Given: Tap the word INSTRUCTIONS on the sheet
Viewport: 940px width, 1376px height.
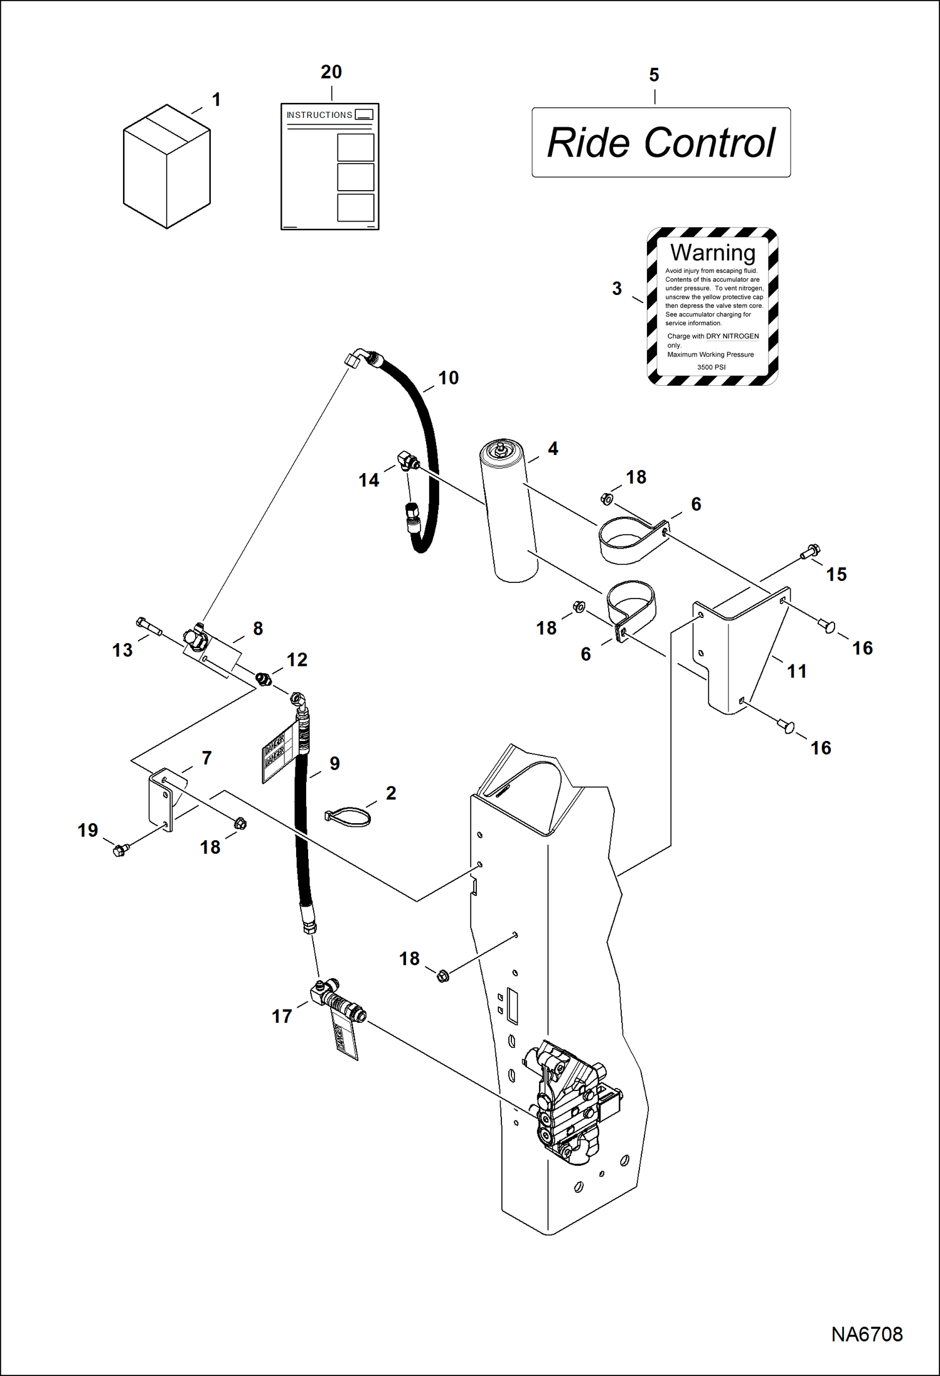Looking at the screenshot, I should (x=319, y=115).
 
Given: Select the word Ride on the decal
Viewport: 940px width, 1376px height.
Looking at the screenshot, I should (x=588, y=143).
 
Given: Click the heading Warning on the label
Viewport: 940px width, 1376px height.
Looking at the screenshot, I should (x=712, y=252).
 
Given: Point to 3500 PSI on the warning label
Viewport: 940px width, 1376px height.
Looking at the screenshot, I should (x=711, y=367).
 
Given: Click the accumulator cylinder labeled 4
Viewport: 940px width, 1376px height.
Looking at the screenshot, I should (x=510, y=511).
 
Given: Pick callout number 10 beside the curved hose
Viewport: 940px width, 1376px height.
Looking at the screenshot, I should (x=448, y=378).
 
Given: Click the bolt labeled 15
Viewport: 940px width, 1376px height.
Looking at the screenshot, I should (x=810, y=552).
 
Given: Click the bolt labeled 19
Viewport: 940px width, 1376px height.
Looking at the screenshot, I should (x=120, y=850).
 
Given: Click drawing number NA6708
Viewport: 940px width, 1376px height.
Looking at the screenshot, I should (x=867, y=1334).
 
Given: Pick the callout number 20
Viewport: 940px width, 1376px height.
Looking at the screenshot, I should (x=331, y=72).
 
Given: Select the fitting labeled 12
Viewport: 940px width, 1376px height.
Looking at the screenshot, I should (x=264, y=678).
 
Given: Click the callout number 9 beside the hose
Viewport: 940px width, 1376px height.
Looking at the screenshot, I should (x=334, y=764).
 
